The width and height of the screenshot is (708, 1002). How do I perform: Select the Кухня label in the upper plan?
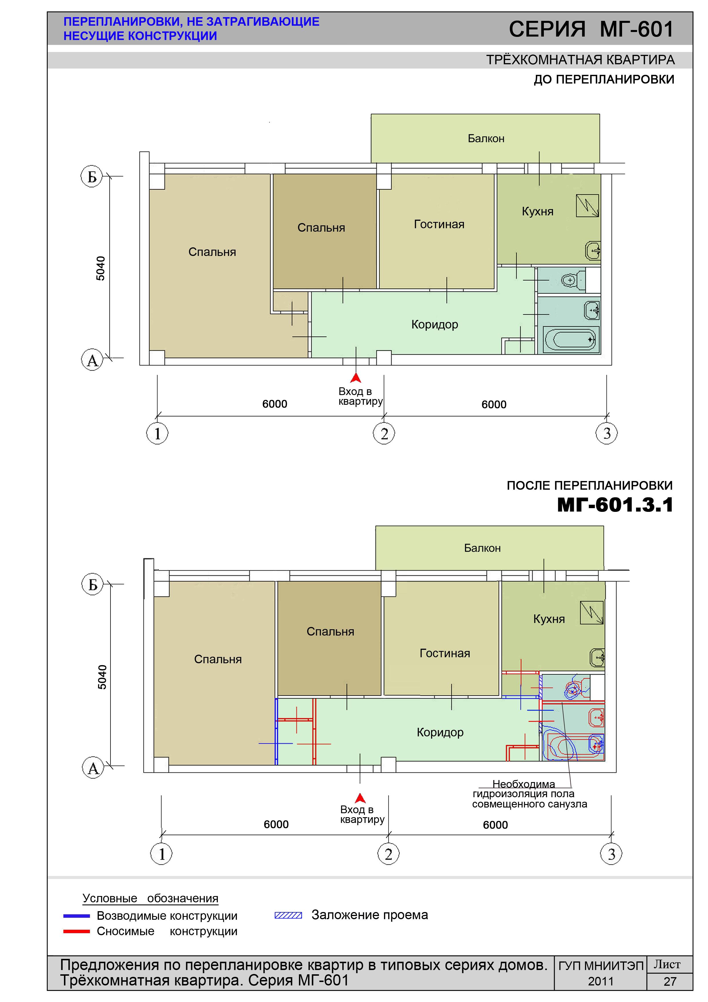[x=538, y=212]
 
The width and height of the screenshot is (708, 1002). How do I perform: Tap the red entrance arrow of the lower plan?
[x=360, y=798]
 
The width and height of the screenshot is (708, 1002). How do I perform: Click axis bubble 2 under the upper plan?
[x=384, y=434]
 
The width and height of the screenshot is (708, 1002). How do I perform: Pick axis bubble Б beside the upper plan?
[x=92, y=177]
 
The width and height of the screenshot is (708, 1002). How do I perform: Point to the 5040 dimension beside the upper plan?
[x=101, y=268]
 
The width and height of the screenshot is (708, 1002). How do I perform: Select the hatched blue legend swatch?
[x=288, y=915]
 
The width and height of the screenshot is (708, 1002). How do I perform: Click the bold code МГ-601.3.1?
[x=616, y=505]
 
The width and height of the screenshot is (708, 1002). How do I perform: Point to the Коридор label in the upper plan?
[x=435, y=325]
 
